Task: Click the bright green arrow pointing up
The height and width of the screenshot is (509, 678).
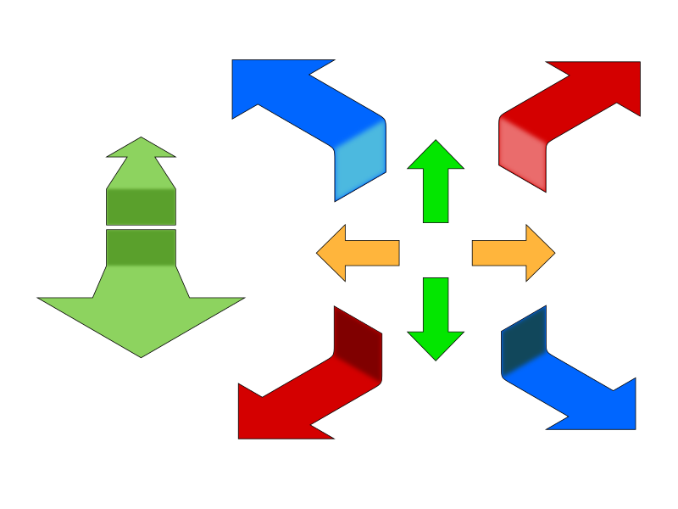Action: [x=436, y=182]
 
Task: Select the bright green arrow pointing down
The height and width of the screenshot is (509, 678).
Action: [x=436, y=318]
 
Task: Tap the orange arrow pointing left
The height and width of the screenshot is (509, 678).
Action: [x=360, y=253]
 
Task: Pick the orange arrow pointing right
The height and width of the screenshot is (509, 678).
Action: [x=511, y=253]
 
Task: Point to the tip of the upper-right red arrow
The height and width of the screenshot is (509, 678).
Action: [x=636, y=67]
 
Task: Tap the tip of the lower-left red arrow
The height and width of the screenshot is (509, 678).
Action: [x=243, y=433]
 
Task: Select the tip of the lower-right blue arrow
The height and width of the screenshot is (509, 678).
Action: [x=631, y=424]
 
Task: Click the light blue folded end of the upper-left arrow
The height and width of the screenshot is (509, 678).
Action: [x=360, y=165]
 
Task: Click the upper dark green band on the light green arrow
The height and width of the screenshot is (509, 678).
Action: [x=141, y=206]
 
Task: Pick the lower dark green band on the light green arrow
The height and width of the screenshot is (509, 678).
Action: [x=141, y=248]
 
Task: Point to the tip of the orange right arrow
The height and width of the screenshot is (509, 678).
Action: [x=553, y=253]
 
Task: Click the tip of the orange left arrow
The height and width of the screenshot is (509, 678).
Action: [x=319, y=253]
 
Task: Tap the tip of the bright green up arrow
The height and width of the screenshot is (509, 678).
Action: [x=436, y=143]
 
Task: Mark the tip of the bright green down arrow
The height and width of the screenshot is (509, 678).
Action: [x=436, y=358]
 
